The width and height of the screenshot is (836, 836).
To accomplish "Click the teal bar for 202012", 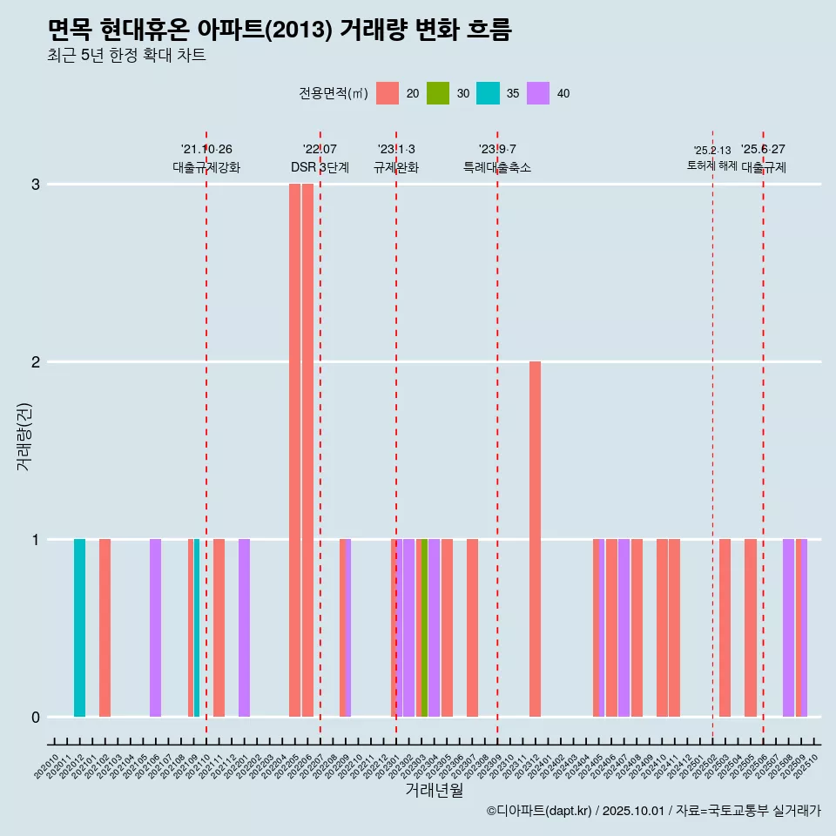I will click(x=79, y=627).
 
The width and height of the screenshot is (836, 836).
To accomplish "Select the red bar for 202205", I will click(x=295, y=449).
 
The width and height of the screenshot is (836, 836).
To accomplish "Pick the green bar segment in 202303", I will click(x=424, y=627).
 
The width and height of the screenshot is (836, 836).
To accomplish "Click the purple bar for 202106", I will click(x=155, y=627).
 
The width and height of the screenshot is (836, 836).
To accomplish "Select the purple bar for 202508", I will click(x=788, y=627).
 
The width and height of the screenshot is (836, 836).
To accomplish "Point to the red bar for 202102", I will click(x=104, y=627).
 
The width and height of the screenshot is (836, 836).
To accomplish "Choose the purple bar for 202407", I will click(x=624, y=627).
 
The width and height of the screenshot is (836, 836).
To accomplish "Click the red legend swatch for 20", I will click(x=388, y=93).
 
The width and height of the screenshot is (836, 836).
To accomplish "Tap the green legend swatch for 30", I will click(x=438, y=93).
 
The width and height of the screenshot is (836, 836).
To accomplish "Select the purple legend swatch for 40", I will click(x=538, y=93).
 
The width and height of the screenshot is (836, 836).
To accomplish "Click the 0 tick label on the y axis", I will click(x=36, y=717).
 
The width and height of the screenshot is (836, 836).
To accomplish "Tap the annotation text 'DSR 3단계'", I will click(x=320, y=167).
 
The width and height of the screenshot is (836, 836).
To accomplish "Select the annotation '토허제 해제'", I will click(x=711, y=165).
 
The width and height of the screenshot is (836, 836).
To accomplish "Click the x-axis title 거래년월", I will click(x=434, y=790).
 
